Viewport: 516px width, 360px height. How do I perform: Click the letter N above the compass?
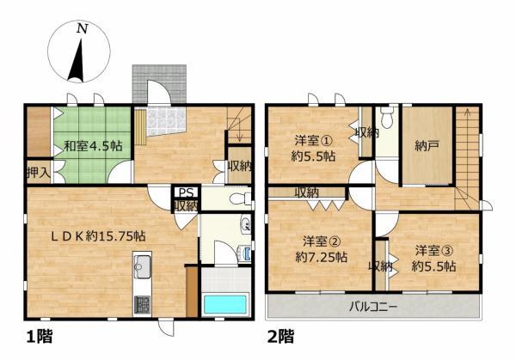coord(83,29)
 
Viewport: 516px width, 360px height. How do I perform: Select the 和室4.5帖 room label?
coord(93,146)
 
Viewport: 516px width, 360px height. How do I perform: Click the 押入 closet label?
coord(39,172)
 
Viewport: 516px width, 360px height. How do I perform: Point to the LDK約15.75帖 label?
coord(98,235)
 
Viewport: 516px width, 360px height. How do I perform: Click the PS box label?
coord(186,192)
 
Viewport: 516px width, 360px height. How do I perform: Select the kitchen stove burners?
coord(142,304)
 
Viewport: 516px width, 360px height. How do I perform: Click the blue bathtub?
coord(225,304)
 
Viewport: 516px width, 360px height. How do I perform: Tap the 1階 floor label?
coord(40,336)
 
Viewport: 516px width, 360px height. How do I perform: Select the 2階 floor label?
coord(280,336)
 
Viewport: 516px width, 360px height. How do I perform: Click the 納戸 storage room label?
coord(427,145)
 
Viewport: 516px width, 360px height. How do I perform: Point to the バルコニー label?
coord(373,307)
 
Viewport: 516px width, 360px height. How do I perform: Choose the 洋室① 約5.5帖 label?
coord(313,149)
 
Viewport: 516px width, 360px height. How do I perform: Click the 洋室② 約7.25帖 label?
coord(321,249)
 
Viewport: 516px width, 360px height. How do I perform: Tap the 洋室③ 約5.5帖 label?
coord(434,259)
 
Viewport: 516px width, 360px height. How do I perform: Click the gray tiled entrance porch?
coord(159,83)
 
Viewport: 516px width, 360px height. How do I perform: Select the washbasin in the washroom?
coord(244,224)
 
